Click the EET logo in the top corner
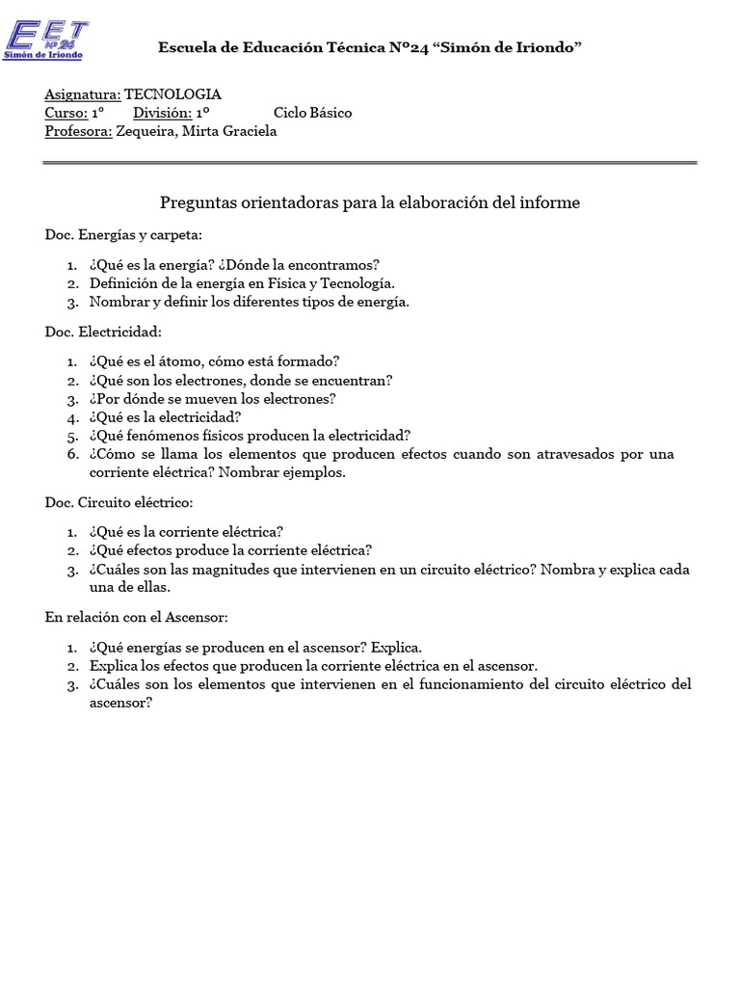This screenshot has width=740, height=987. point(45,39)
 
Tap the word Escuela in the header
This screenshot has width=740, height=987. point(184,47)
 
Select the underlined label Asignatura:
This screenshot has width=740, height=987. point(83,94)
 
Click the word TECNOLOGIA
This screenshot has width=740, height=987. point(172,94)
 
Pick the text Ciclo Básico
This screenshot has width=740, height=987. point(312,113)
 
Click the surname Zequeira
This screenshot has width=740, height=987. point(145,131)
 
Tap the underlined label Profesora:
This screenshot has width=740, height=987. point(78,131)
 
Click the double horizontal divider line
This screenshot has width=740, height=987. point(370,163)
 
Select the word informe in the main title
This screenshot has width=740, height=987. point(547,202)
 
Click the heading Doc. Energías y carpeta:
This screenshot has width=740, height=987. point(123,234)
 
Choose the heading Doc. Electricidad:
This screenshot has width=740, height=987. point(103,332)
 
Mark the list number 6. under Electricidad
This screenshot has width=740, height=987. point(72,454)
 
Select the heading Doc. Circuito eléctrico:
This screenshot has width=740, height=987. point(119,502)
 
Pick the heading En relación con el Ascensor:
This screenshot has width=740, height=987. point(136,617)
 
